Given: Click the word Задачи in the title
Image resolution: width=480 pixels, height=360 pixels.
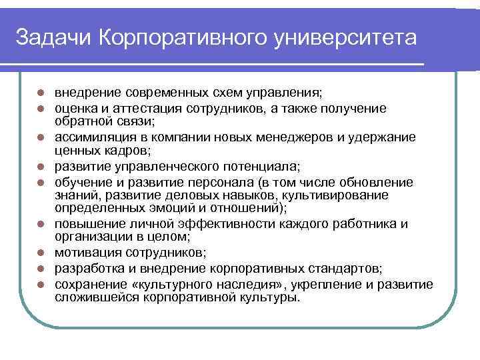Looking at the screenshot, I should (x=53, y=38).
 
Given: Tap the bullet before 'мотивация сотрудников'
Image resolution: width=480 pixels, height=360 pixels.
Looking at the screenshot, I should (x=41, y=253).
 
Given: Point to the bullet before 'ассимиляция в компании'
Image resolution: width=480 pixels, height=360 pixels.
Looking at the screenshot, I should (x=41, y=137).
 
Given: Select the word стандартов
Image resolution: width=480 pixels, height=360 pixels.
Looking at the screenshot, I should (x=346, y=269).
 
